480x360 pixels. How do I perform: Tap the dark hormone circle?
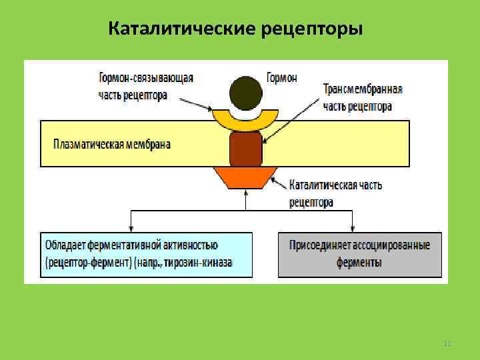[x=245, y=93]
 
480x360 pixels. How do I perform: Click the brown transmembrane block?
[x=245, y=149]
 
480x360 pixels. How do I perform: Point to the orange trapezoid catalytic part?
[x=245, y=177]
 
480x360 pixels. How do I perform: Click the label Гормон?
[x=282, y=77]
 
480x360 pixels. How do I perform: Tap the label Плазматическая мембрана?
[x=112, y=144]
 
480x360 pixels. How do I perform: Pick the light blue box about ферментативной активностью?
[x=147, y=254]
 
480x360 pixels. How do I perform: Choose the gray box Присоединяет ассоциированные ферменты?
[x=359, y=254]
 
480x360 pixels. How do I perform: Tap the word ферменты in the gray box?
[x=359, y=263]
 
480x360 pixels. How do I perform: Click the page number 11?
[x=447, y=343]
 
